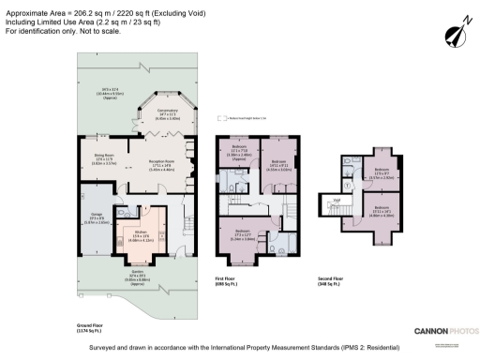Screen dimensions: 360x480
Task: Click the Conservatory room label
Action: click(168, 115)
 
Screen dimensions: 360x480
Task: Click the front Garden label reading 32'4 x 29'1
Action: click(136, 274)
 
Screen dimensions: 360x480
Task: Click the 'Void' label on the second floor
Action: click(336, 199)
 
